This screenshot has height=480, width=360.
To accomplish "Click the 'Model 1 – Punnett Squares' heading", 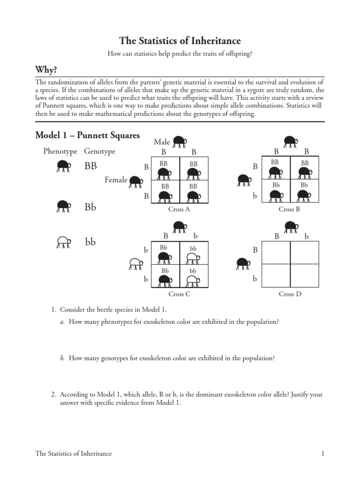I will (x=88, y=135).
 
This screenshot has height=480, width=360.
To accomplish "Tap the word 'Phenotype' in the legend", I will (x=60, y=151).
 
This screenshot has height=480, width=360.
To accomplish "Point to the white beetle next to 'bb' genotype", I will (x=63, y=242).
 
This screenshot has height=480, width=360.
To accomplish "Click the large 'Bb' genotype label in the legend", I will (x=90, y=207).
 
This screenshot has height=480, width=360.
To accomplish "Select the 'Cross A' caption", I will (x=179, y=210).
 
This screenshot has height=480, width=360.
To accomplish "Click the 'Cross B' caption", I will (x=289, y=210).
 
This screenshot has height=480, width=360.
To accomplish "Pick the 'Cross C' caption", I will (x=179, y=294).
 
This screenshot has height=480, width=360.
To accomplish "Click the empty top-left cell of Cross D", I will (x=276, y=253).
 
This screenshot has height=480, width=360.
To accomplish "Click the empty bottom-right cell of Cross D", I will (x=305, y=275).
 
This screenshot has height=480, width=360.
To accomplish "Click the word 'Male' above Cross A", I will (x=162, y=142).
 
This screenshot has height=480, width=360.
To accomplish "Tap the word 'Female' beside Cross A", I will (x=116, y=180).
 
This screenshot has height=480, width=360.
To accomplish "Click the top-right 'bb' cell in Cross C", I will (x=193, y=253).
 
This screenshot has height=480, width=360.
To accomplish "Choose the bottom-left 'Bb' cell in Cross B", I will (x=276, y=191).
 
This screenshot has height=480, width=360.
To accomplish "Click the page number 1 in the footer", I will (x=323, y=454).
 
